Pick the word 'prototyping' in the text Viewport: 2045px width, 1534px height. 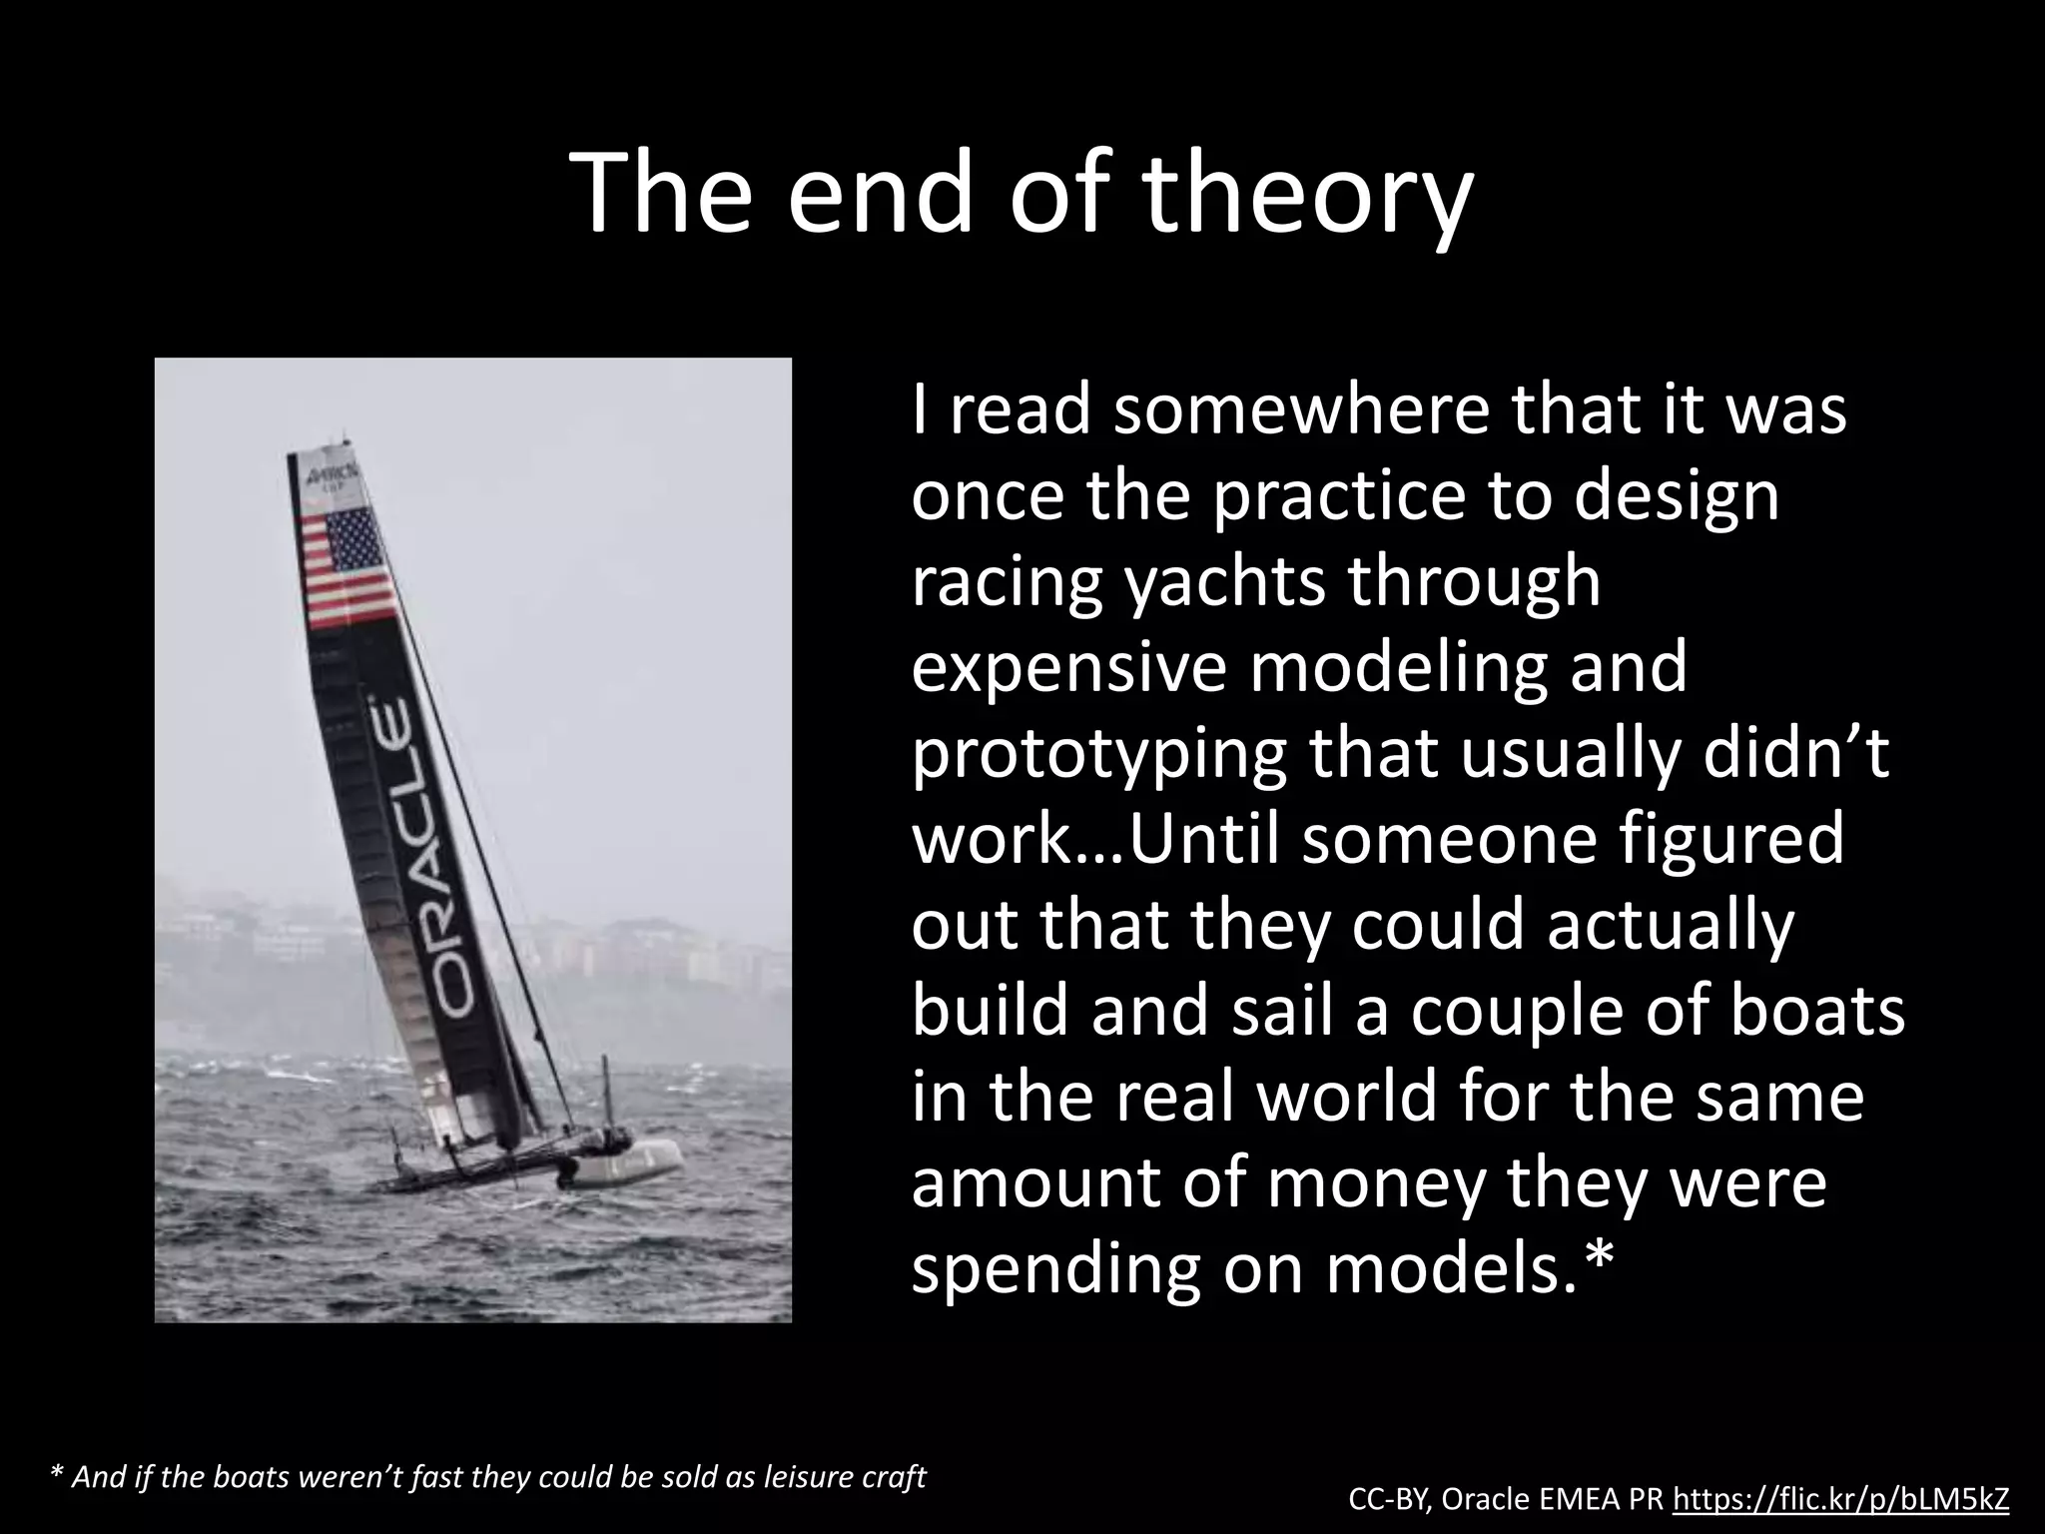(1097, 756)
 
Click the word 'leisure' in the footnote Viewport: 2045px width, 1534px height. (802, 1476)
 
